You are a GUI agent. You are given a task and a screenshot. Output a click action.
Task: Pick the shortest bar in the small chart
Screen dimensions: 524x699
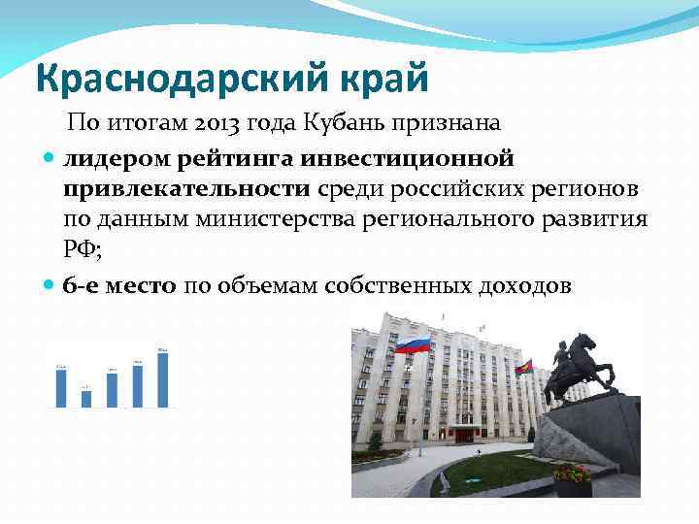(86, 398)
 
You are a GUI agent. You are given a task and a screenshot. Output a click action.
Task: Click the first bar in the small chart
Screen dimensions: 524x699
(61, 387)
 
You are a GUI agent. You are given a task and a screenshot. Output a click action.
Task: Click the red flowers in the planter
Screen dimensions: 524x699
(572, 474)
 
